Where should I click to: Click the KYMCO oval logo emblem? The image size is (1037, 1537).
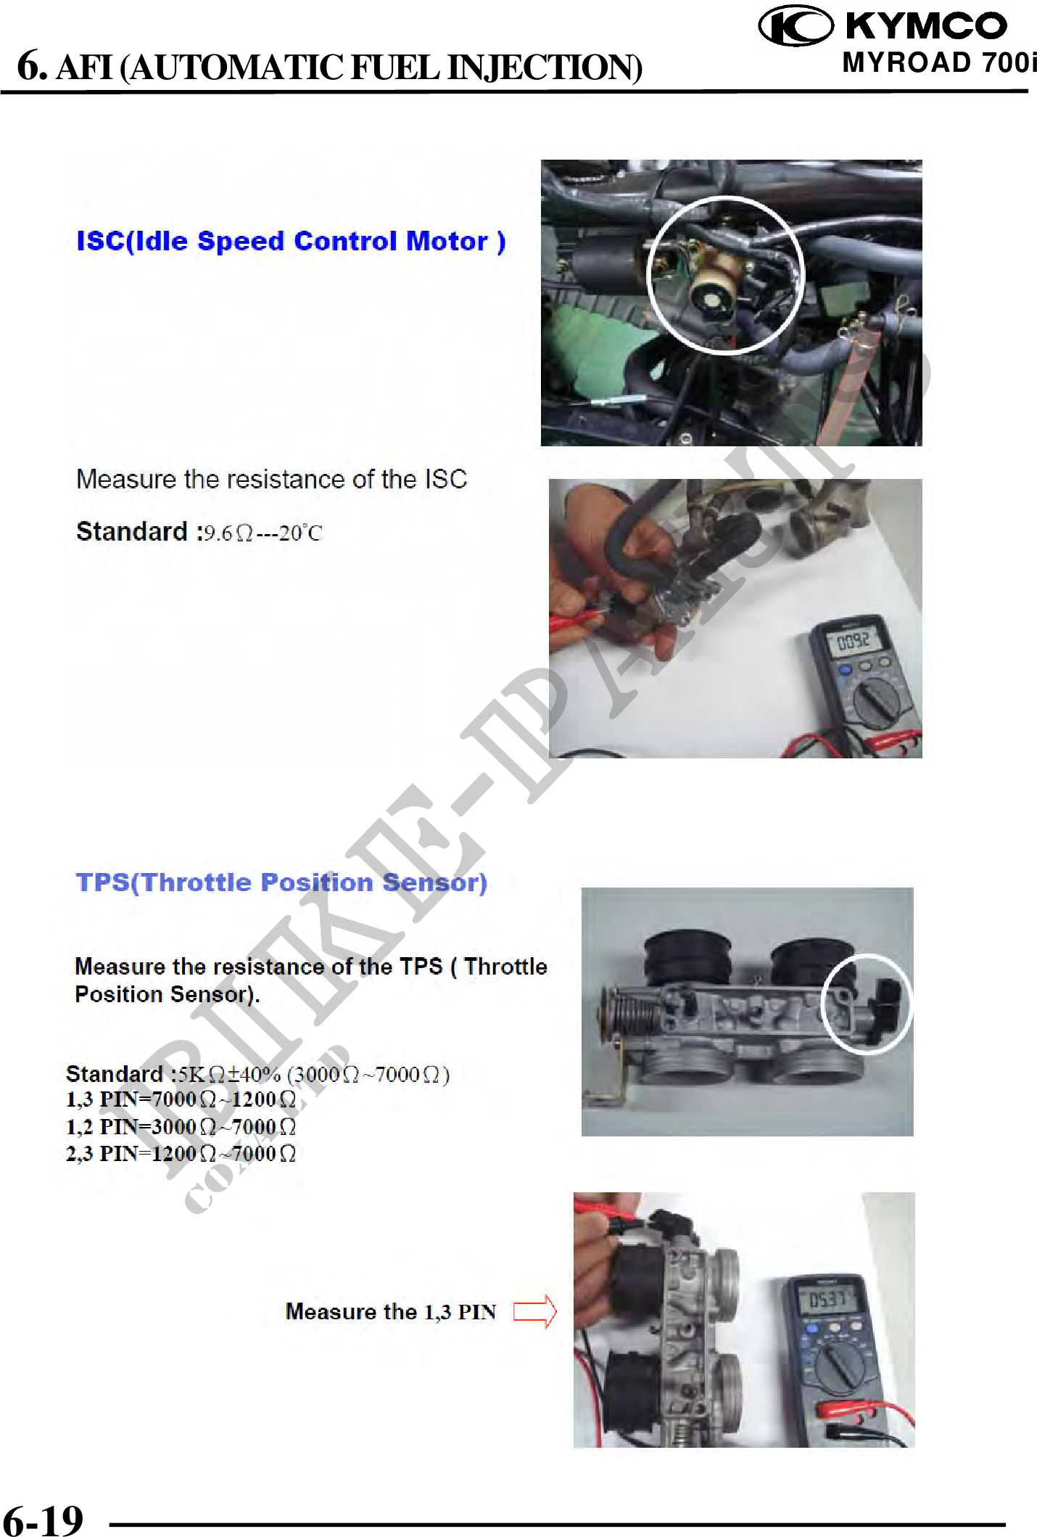click(x=796, y=25)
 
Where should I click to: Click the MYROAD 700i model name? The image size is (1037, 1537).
click(x=939, y=63)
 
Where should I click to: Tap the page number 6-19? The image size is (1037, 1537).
click(x=43, y=1520)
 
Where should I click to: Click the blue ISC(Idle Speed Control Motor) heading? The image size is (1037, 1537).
click(x=291, y=241)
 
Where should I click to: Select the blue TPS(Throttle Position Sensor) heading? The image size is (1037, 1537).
click(x=281, y=882)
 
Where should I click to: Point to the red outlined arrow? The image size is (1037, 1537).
click(x=535, y=1312)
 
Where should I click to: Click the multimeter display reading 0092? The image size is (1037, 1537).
click(x=853, y=641)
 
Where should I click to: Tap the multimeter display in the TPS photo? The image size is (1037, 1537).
click(x=827, y=1298)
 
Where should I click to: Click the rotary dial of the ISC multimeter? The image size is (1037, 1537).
click(x=877, y=702)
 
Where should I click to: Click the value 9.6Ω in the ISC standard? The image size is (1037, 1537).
click(x=228, y=533)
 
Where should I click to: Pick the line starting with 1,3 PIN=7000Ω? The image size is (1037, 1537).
click(x=181, y=1099)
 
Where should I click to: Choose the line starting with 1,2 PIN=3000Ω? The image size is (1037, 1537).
click(x=181, y=1126)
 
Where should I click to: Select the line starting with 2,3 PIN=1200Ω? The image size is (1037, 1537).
click(x=181, y=1153)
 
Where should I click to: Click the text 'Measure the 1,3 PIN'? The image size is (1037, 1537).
click(x=391, y=1311)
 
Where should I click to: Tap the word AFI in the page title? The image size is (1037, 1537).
click(x=85, y=68)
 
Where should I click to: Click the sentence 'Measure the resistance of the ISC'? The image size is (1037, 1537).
click(x=272, y=479)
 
